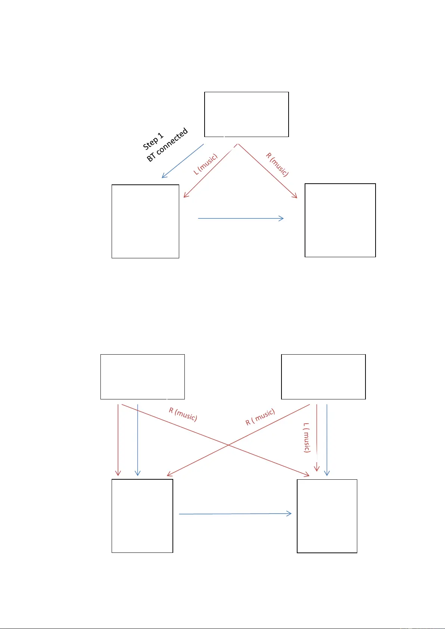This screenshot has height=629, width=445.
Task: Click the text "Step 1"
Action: coord(153,141)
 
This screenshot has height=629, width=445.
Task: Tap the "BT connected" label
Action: coord(167,145)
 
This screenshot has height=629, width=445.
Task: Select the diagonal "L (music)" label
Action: coord(205,165)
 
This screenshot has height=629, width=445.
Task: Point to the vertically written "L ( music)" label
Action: coord(306,438)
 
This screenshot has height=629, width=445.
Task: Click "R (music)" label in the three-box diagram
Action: coord(277,165)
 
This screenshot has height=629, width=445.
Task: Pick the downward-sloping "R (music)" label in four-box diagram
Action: coord(183,414)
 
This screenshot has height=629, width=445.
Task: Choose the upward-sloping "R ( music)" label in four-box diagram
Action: coord(260,417)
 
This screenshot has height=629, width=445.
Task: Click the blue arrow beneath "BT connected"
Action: coord(183,161)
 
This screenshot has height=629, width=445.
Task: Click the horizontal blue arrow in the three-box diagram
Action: coord(241,218)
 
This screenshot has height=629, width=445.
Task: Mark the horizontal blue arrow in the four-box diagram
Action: coord(235,514)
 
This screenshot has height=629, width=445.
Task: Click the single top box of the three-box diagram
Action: coord(246,114)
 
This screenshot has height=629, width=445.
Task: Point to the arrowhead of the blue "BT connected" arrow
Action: coord(163,177)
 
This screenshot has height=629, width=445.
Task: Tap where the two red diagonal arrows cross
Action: coord(228,445)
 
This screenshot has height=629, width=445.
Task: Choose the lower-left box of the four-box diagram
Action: coord(142,516)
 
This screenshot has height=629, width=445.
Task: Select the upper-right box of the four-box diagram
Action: coord(323,377)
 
